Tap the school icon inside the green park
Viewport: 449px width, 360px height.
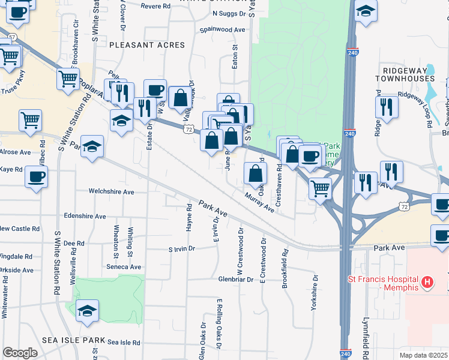[88, 311]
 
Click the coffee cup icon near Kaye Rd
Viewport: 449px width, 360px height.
[36, 178]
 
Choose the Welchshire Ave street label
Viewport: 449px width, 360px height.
[112, 191]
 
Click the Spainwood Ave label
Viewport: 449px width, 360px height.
[223, 29]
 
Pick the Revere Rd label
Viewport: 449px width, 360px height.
[156, 7]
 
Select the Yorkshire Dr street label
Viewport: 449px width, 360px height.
[313, 292]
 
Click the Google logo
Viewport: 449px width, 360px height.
[20, 352]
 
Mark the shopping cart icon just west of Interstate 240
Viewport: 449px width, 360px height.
[321, 188]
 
